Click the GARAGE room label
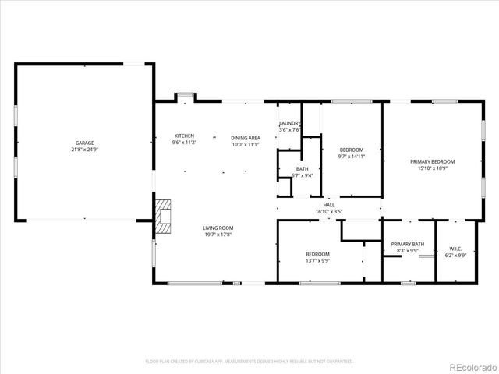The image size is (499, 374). [84, 143]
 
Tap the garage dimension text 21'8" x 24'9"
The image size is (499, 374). [84, 150]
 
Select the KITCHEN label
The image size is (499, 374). [184, 136]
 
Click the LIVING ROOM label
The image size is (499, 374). [218, 228]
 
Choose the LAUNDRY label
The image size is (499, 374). [290, 123]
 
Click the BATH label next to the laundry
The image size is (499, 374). [302, 169]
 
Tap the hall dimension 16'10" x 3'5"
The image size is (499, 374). [329, 210]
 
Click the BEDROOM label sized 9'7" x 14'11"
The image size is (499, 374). [351, 149]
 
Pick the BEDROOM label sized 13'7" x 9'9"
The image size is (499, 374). [317, 254]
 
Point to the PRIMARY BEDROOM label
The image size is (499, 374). [433, 161]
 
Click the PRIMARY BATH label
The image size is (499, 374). [408, 244]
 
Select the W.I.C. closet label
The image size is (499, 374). [455, 249]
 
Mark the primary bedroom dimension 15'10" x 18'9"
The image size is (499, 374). [433, 168]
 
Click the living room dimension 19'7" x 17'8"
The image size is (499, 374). [218, 235]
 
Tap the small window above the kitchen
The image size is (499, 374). [185, 96]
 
